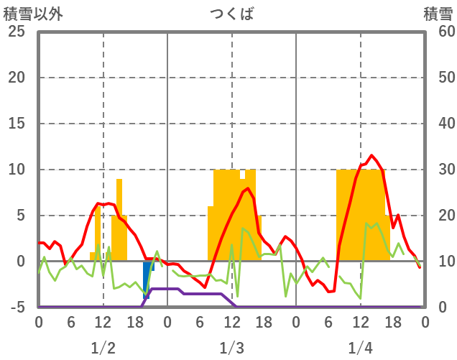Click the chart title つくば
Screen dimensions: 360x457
coord(231,14)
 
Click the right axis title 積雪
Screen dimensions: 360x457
coord(438,14)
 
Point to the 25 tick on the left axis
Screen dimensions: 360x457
coord(16,32)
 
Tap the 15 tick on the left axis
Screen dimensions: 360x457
coord(16,124)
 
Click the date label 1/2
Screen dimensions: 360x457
coord(103,348)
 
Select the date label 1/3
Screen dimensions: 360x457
coord(231,348)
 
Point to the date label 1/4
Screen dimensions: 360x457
coord(360,348)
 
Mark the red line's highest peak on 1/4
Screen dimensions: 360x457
coord(371,155)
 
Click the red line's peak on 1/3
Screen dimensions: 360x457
coord(248,188)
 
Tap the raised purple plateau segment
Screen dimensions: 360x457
coord(165,289)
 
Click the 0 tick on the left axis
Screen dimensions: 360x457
coord(20,262)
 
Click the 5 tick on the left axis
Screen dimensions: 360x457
coord(20,216)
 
